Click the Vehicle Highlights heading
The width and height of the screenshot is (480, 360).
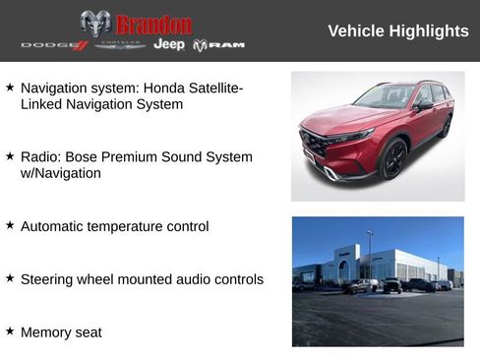pyautogui.click(x=397, y=31)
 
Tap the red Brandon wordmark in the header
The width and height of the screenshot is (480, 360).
pyautogui.click(x=153, y=24)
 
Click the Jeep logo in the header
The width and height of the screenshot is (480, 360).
pyautogui.click(x=169, y=45)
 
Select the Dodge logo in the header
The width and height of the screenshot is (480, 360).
pyautogui.click(x=54, y=45)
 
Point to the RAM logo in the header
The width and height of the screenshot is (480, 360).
pyautogui.click(x=218, y=45)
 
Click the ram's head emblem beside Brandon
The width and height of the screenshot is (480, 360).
pyautogui.click(x=95, y=24)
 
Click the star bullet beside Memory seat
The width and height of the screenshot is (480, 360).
pyautogui.click(x=10, y=331)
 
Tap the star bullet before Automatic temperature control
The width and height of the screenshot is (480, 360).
pyautogui.click(x=10, y=225)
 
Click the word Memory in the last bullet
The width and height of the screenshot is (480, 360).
pyautogui.click(x=47, y=332)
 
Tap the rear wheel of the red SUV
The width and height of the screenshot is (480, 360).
pyautogui.click(x=446, y=126)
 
